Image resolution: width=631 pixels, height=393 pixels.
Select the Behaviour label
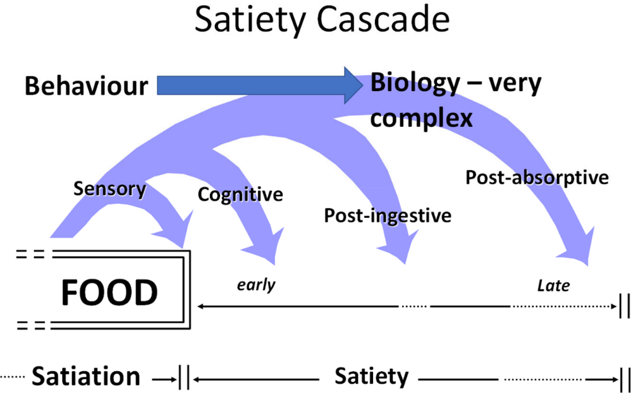pyautogui.click(x=86, y=85)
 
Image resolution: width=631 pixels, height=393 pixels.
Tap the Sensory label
pyautogui.click(x=110, y=188)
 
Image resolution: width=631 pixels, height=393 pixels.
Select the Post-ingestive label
pyautogui.click(x=387, y=215)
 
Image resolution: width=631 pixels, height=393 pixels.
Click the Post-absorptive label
pyautogui.click(x=536, y=177)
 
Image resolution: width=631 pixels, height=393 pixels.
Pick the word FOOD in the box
pyautogui.click(x=109, y=292)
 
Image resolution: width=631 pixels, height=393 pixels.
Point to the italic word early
pyautogui.click(x=256, y=284)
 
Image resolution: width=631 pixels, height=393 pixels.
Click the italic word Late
pyautogui.click(x=554, y=285)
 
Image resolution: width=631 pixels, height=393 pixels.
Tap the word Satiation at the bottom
pyautogui.click(x=86, y=376)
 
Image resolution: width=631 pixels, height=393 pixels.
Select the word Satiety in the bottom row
pyautogui.click(x=371, y=376)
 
